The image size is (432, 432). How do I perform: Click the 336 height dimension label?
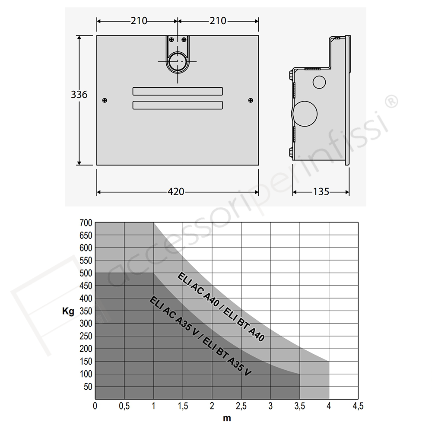coord(79,95)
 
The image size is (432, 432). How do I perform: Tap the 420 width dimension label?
coord(176,191)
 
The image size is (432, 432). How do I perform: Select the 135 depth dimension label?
coord(321,191)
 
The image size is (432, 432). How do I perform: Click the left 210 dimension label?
coord(139,21)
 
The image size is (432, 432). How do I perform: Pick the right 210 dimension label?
coord(218,21)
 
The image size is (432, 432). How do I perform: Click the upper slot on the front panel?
coord(178,91)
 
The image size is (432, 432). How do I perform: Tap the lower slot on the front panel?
coord(178,105)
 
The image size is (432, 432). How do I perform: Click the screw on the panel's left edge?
coord(105,100)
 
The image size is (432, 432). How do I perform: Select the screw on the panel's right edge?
coord(251,100)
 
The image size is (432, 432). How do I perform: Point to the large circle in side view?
coord(305,114)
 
